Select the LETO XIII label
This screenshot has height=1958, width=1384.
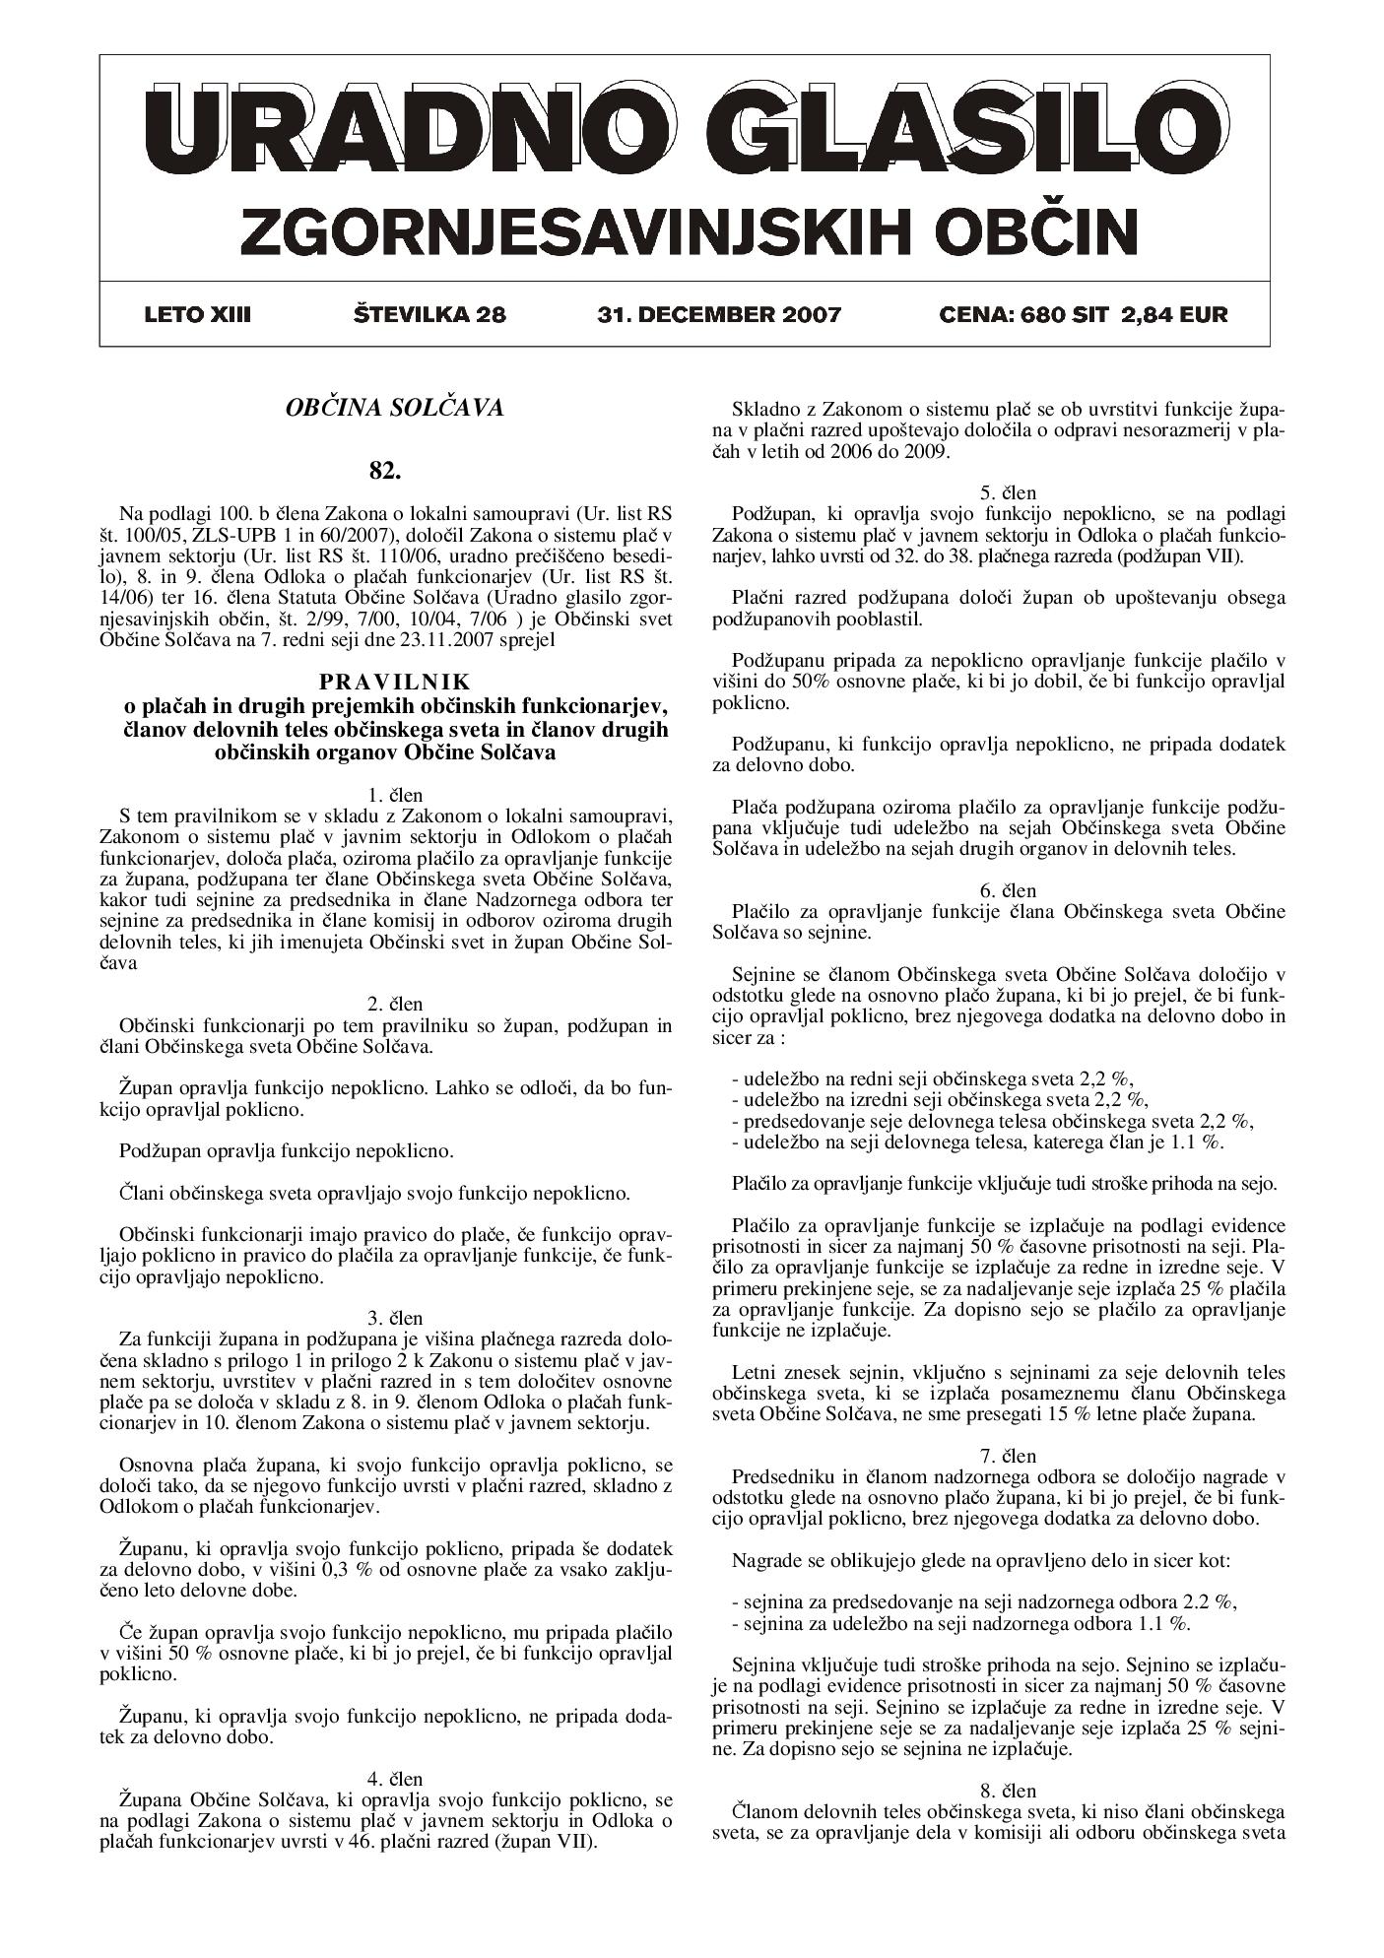coord(197,315)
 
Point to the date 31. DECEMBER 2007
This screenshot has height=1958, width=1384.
coord(719,315)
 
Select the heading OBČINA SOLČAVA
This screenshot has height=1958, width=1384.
coord(394,407)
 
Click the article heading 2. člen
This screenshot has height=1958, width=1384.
coord(394,1004)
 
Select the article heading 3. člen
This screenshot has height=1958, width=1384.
coord(394,1318)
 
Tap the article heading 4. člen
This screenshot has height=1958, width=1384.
coord(394,1779)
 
